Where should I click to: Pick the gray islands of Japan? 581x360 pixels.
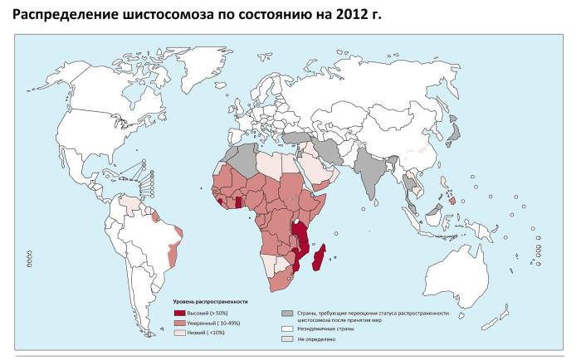click(x=454, y=131)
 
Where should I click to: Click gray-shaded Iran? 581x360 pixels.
click(x=330, y=150)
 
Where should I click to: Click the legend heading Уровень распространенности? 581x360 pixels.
click(x=210, y=300)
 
